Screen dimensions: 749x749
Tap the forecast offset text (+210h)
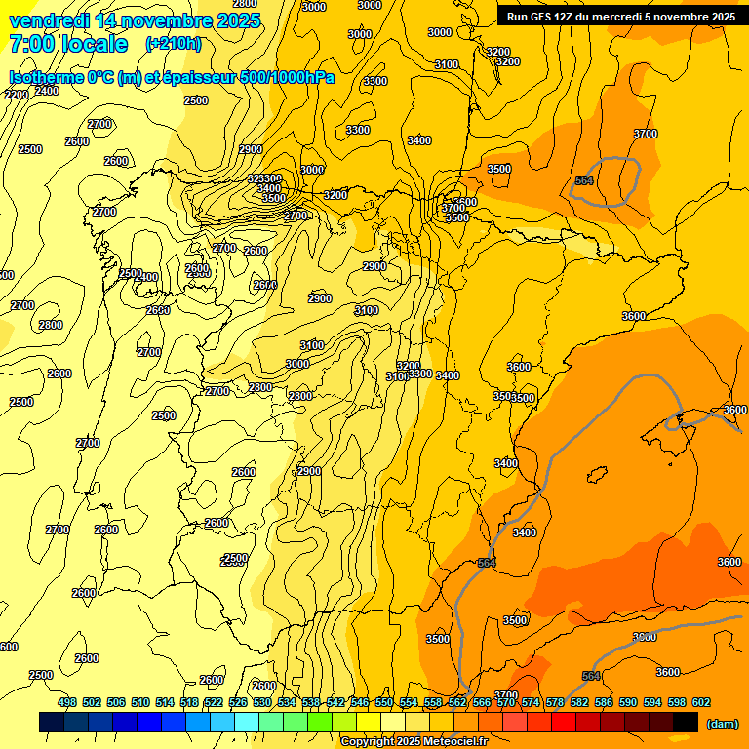(x=174, y=43)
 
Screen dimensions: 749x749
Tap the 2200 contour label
(x=17, y=95)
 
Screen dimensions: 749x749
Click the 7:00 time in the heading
(x=30, y=44)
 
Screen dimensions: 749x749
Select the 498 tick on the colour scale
(x=67, y=702)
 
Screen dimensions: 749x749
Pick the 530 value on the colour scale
(x=262, y=702)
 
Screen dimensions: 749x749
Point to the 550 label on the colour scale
(x=384, y=702)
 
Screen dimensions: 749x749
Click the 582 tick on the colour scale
(x=579, y=702)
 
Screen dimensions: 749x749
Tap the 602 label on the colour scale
(x=701, y=702)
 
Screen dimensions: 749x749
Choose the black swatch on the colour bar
(x=686, y=722)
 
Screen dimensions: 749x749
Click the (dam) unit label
(x=722, y=723)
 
